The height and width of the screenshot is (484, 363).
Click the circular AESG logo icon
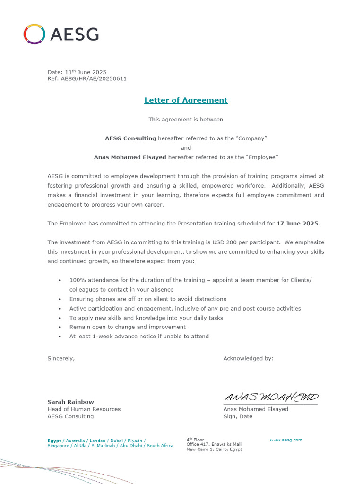pos(35,34)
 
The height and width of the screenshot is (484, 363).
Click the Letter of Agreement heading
pos(186,100)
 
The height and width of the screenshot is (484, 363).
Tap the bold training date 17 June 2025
pos(298,223)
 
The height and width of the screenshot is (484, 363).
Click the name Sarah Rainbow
pos(70,402)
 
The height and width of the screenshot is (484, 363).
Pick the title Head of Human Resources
pos(84,409)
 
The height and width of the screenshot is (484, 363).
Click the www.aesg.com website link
pos(285,440)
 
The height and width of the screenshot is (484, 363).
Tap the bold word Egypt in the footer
pos(54,441)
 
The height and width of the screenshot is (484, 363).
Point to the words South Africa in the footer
pos(160,446)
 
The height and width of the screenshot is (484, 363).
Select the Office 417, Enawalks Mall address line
pos(214,444)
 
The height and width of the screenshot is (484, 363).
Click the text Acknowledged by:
pos(248,358)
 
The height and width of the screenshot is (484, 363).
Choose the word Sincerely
pos(61,358)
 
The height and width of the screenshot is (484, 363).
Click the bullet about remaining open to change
pos(127,327)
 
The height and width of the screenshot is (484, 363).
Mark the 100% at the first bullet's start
pos(76,280)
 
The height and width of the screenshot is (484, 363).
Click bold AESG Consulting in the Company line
pos(130,138)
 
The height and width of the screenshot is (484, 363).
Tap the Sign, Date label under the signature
pos(238,416)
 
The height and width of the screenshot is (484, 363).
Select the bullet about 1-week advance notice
pos(138,337)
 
